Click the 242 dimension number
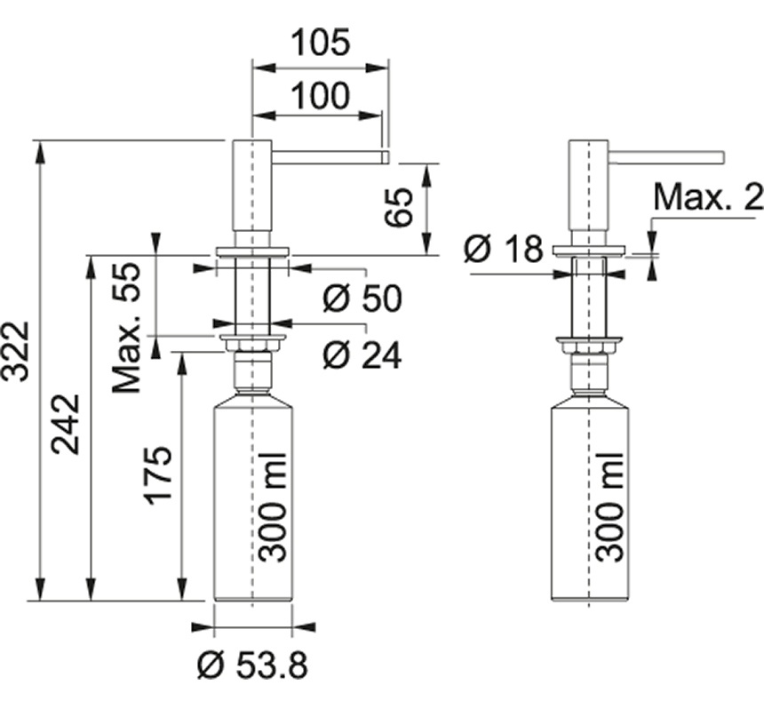point(66,424)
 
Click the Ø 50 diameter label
point(362,299)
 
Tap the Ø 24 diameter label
point(362,355)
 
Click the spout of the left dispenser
point(329,156)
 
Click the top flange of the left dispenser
point(252,251)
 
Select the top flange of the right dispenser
point(588,251)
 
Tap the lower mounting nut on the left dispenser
point(252,342)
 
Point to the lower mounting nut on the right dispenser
point(588,342)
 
